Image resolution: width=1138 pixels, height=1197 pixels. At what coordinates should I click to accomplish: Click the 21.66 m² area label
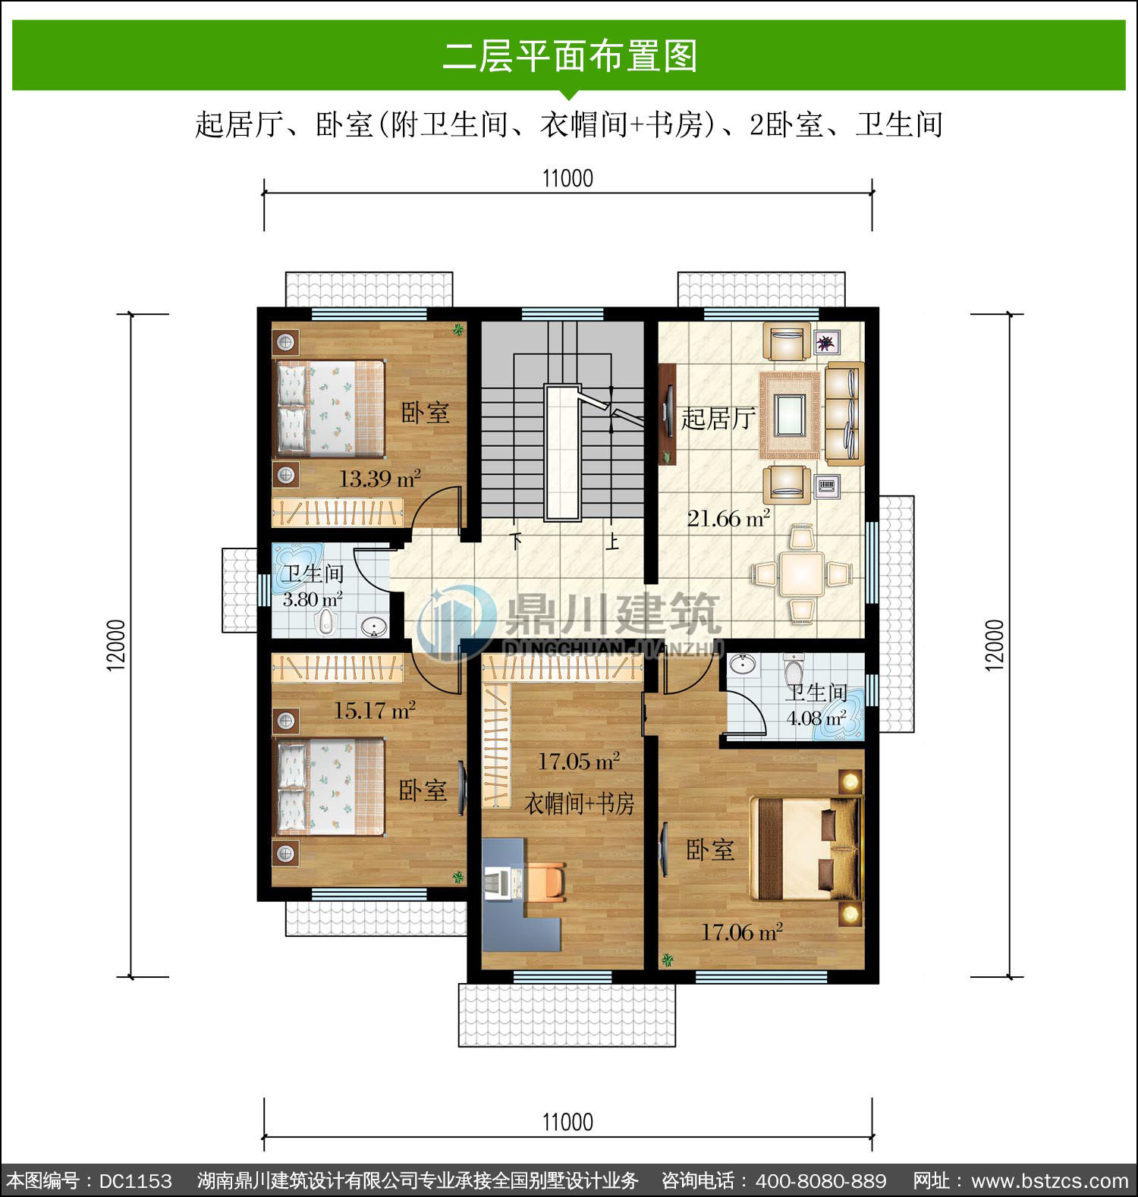(728, 518)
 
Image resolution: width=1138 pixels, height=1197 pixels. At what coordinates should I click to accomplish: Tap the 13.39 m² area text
(379, 479)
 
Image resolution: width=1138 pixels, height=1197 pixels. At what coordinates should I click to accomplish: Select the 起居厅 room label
(717, 418)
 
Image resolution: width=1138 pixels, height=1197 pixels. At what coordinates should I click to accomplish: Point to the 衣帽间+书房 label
(580, 803)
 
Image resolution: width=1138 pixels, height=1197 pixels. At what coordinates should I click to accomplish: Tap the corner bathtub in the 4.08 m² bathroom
(839, 715)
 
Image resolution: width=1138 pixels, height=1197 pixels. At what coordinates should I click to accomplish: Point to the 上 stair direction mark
(611, 542)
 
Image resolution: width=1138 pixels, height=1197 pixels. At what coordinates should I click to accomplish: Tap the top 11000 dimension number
(567, 178)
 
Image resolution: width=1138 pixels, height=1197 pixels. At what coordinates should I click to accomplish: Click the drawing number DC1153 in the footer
(136, 1181)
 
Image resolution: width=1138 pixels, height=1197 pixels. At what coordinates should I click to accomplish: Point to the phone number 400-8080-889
(821, 1181)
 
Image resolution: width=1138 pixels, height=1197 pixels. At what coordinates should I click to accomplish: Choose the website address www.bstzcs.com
(1050, 1181)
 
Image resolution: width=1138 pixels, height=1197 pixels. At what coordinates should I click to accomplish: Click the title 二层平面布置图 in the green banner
(570, 56)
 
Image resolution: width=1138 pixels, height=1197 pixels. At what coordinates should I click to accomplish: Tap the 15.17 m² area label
(375, 711)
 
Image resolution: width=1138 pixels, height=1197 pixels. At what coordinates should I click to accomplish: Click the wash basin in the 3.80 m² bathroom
(373, 627)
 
